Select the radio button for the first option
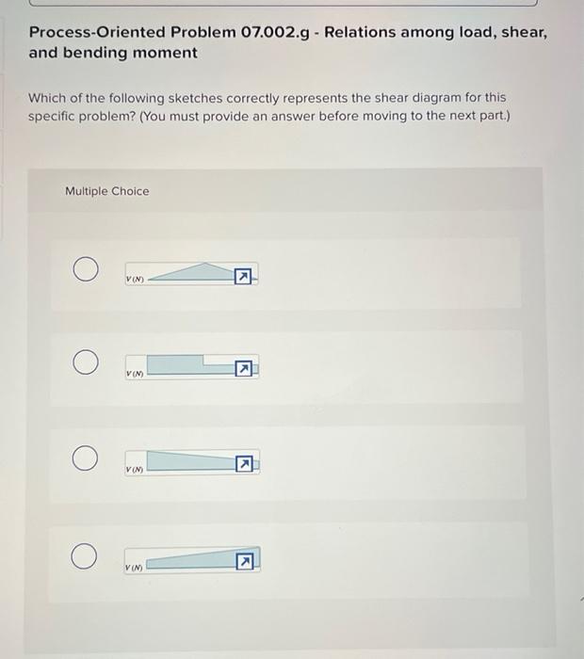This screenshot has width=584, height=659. (86, 270)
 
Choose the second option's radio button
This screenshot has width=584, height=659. (86, 362)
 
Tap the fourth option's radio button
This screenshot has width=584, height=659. (86, 556)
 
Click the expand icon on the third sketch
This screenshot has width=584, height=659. (244, 464)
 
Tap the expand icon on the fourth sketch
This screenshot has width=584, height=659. (244, 562)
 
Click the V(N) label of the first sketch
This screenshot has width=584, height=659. (135, 279)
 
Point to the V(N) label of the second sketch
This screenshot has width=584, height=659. (135, 375)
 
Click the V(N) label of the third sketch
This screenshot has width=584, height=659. (135, 469)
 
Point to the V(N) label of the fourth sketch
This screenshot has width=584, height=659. (135, 567)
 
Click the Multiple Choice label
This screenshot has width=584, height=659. (106, 191)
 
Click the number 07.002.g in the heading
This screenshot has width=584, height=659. (280, 32)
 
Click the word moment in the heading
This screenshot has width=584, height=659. (166, 53)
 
